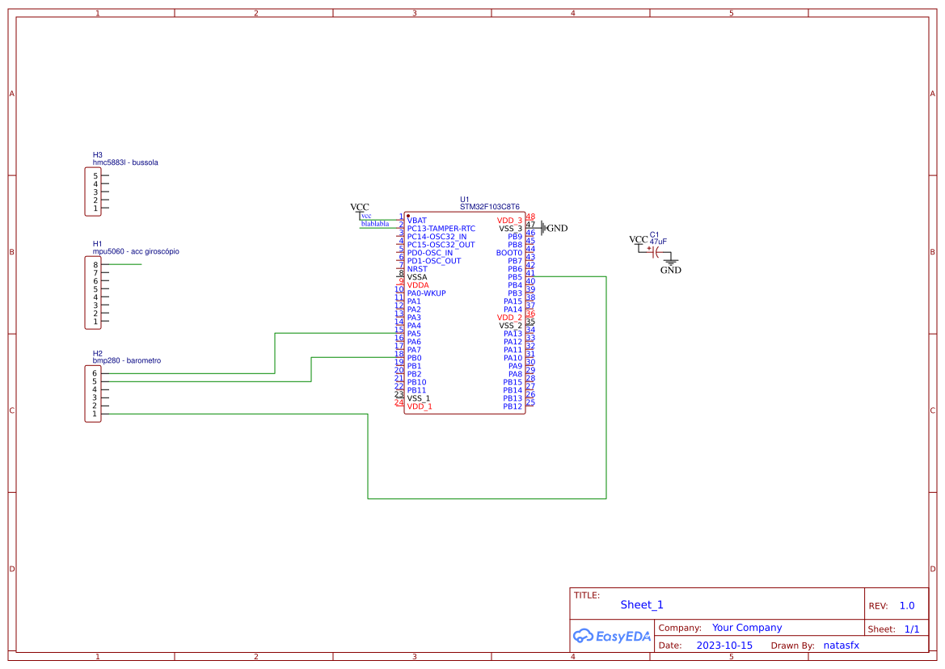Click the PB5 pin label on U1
pos(514,277)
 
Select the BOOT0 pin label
pos(508,253)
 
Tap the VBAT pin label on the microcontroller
pos(417,221)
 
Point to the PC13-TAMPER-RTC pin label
pos(441,229)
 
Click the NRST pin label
pos(417,269)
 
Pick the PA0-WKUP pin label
pos(426,293)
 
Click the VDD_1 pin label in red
pos(420,406)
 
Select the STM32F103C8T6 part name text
pos(489,207)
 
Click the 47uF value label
pos(658,242)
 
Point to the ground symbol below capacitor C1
pos(669,263)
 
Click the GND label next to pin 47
pos(557,229)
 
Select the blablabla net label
pos(375,224)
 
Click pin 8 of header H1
pos(95,265)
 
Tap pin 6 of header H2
pos(95,373)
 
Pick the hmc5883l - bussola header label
pos(125,162)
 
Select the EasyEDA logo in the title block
pos(611,637)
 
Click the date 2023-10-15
pos(724,646)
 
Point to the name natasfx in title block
pos(841,646)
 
